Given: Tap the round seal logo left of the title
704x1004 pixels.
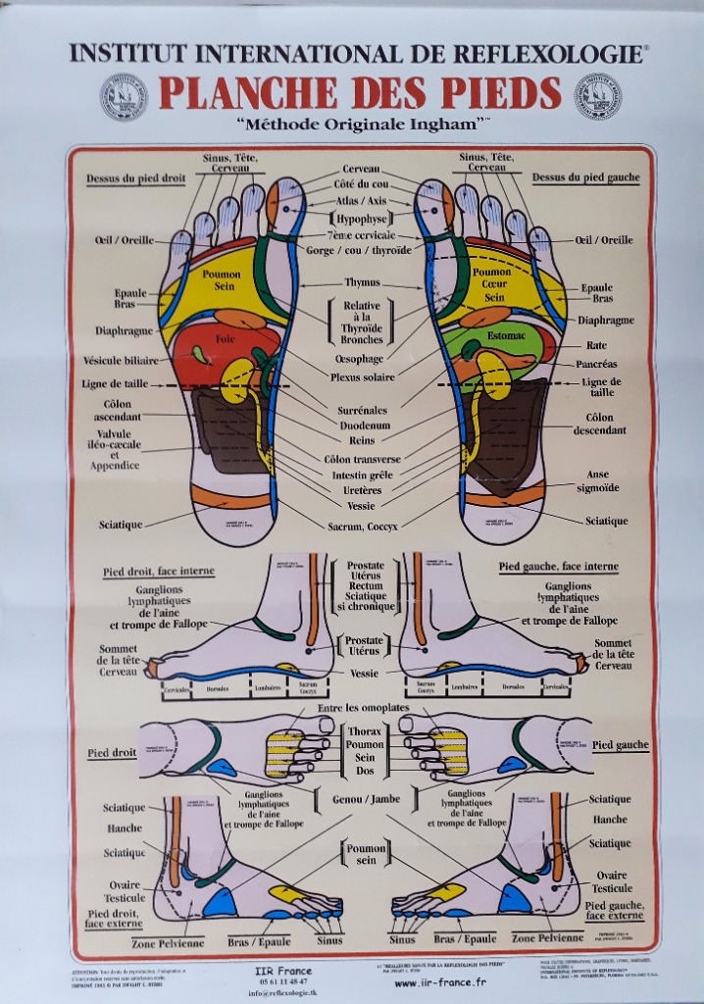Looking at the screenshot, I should coord(124,96).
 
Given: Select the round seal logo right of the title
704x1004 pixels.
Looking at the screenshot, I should coord(597,96).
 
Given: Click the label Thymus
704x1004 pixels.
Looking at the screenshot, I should coord(361,282).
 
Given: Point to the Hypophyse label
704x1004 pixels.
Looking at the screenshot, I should coord(362,219).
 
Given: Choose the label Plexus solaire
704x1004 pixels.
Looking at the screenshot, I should coord(363,376).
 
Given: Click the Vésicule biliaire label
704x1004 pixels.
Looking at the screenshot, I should coord(121,360).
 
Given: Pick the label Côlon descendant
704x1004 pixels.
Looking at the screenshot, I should coord(599,424).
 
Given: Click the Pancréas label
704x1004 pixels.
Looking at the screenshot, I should coord(596,364).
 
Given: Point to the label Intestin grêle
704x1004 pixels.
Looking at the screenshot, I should coord(363,475).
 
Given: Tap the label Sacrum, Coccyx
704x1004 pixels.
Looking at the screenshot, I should coord(362,526).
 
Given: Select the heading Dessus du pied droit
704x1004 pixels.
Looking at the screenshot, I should coord(135,178).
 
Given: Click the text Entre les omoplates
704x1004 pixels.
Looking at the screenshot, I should coord(362,707).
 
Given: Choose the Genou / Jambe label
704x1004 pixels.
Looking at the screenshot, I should coord(366,799).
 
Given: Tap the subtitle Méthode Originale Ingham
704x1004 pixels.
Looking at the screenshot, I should coord(362,125).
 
